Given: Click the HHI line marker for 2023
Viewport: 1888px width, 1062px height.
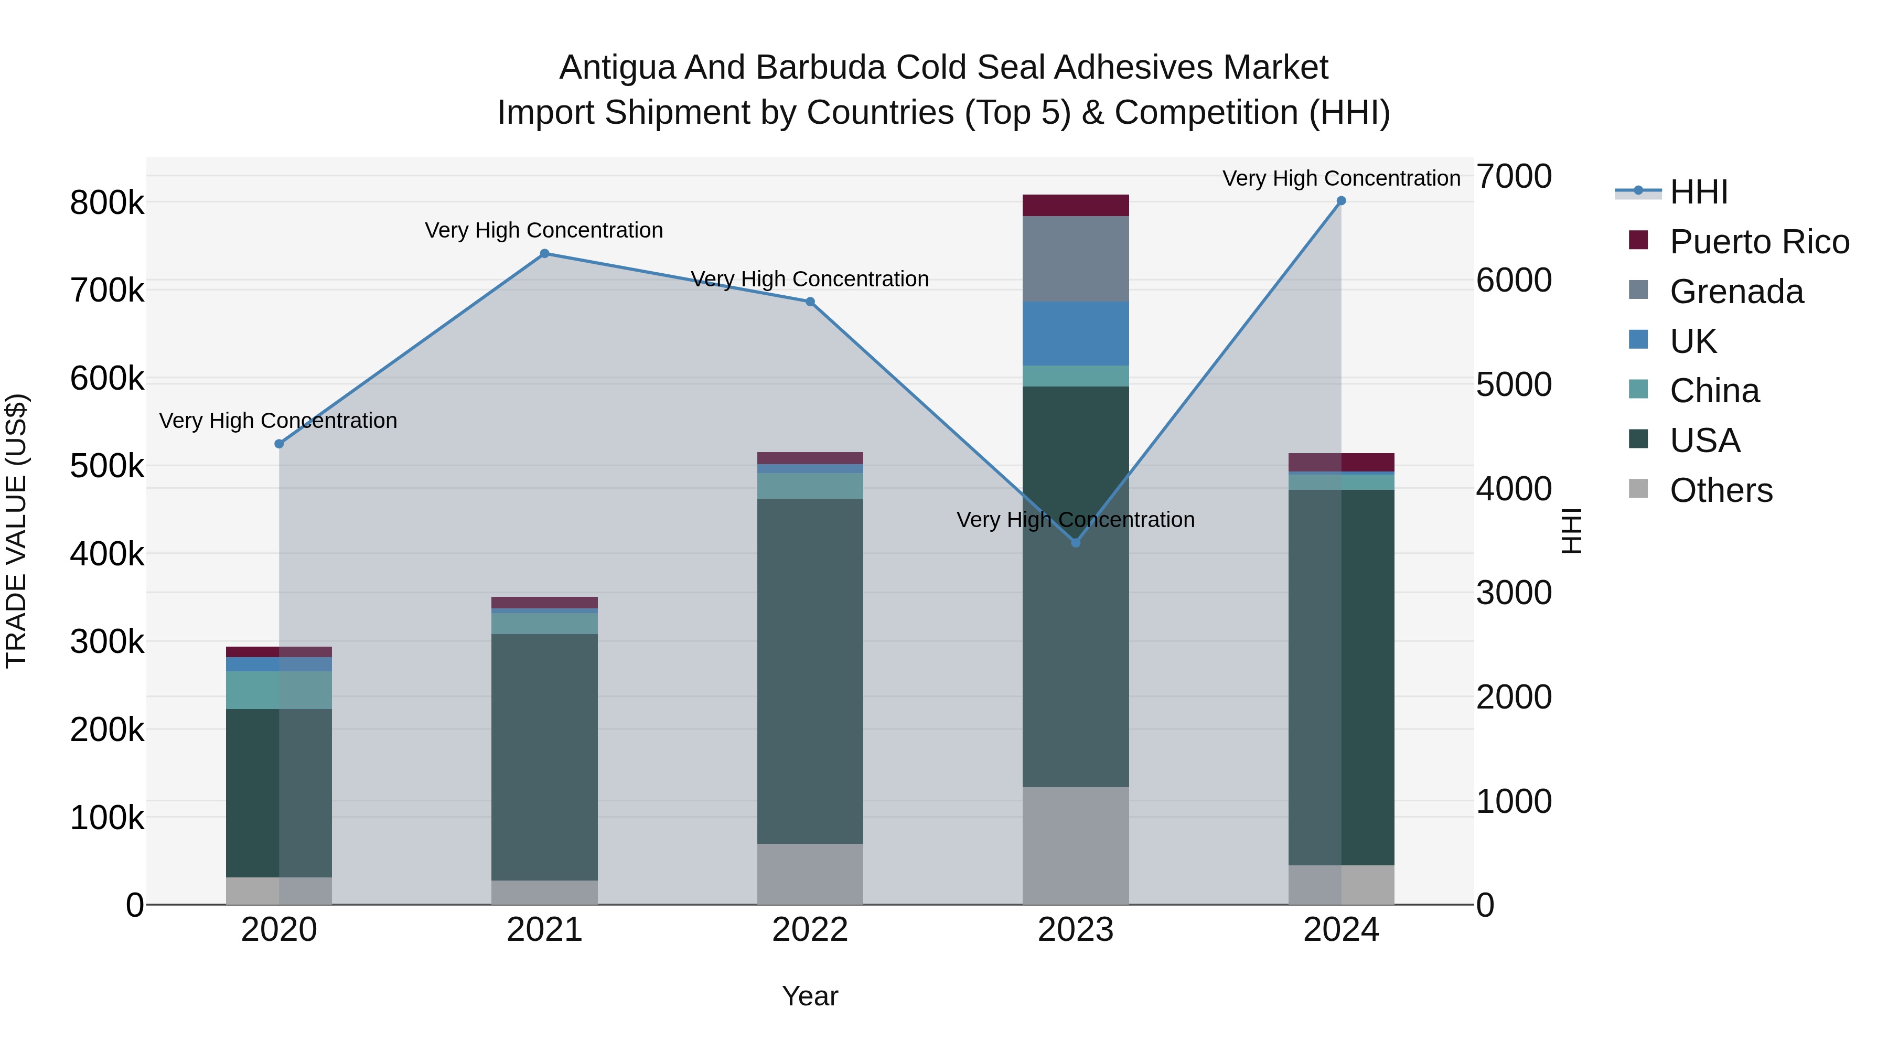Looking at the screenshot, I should pyautogui.click(x=1075, y=542).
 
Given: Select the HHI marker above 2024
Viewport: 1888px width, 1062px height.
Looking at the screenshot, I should pyautogui.click(x=1340, y=201).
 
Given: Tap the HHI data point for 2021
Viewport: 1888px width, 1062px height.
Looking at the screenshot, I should pyautogui.click(x=544, y=254).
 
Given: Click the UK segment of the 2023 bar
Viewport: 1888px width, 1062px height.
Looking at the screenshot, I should pyautogui.click(x=1075, y=334).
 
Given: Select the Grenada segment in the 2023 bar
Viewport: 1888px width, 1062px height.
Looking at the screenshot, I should pyautogui.click(x=1075, y=259).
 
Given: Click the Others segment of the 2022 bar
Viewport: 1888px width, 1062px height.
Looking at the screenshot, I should pyautogui.click(x=810, y=874).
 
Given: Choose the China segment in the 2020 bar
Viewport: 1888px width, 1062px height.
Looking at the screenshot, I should pyautogui.click(x=278, y=690).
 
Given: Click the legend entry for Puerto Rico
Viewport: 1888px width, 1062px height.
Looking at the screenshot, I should pyautogui.click(x=1759, y=242).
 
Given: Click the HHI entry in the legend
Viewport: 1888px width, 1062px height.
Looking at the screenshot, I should pyautogui.click(x=1698, y=192).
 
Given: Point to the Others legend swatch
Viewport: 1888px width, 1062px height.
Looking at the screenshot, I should pyautogui.click(x=1638, y=489).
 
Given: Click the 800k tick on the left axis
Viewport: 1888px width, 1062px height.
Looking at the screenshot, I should pyautogui.click(x=107, y=203).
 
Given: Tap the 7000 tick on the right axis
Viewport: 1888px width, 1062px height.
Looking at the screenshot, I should pyautogui.click(x=1514, y=177).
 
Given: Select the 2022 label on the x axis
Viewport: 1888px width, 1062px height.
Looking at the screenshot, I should pyautogui.click(x=810, y=930).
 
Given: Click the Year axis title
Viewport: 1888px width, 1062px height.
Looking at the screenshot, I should pyautogui.click(x=810, y=996).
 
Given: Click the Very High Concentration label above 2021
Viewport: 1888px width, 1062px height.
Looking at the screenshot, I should pyautogui.click(x=544, y=230).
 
